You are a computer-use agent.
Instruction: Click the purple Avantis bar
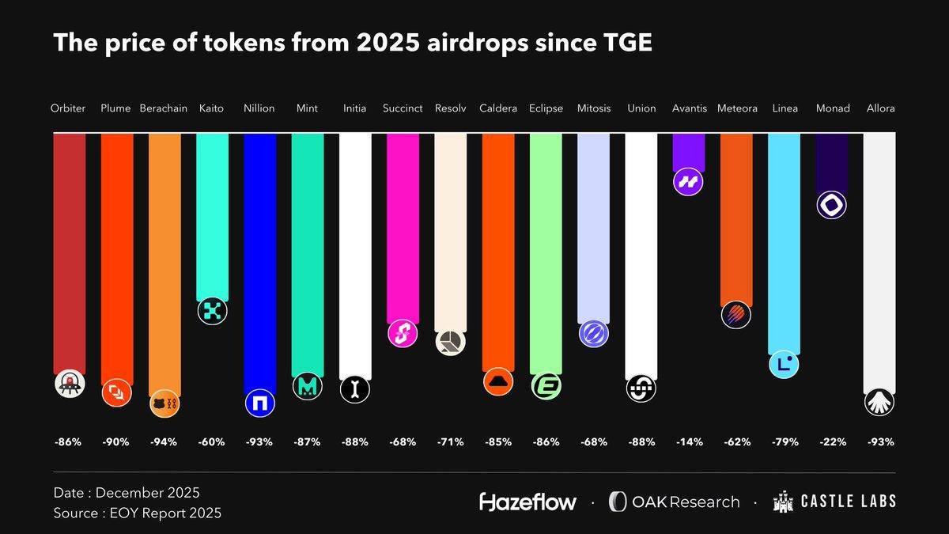688,150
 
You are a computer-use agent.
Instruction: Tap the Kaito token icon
212,310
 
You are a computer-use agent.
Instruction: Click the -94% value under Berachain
164,442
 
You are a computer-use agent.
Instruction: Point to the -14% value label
688,442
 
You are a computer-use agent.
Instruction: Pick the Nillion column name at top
259,108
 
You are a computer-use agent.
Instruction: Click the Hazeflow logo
527,502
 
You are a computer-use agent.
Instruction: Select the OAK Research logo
674,502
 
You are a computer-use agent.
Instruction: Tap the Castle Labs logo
834,502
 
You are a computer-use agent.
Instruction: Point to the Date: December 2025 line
127,493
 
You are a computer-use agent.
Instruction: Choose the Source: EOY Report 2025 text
138,513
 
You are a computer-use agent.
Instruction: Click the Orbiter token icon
69,384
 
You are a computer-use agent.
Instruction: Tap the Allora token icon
879,402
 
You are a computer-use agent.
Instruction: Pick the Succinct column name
403,108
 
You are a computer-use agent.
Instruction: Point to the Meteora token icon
735,315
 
